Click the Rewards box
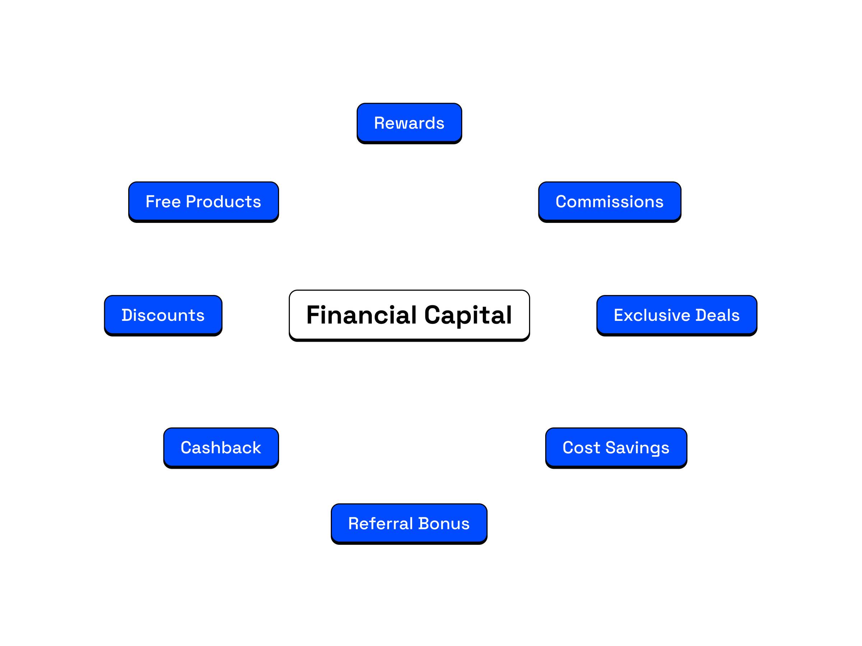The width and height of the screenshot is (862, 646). pos(409,123)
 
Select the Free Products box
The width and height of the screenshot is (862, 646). pos(203,202)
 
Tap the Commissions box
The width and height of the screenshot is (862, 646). pos(610,202)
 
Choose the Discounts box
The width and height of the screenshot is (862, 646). pos(163,315)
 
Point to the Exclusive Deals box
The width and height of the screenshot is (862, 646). pos(677,315)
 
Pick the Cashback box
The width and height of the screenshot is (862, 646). pos(221,448)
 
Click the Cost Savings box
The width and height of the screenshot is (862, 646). pos(616,448)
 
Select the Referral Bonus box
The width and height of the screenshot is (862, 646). pos(409,523)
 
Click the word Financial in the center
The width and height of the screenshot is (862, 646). pos(362,315)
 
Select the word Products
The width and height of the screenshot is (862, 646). pos(223,202)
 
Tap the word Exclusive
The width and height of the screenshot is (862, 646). pos(652,315)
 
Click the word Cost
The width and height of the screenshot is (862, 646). pos(581,448)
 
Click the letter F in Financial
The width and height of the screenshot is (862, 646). pos(312,315)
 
